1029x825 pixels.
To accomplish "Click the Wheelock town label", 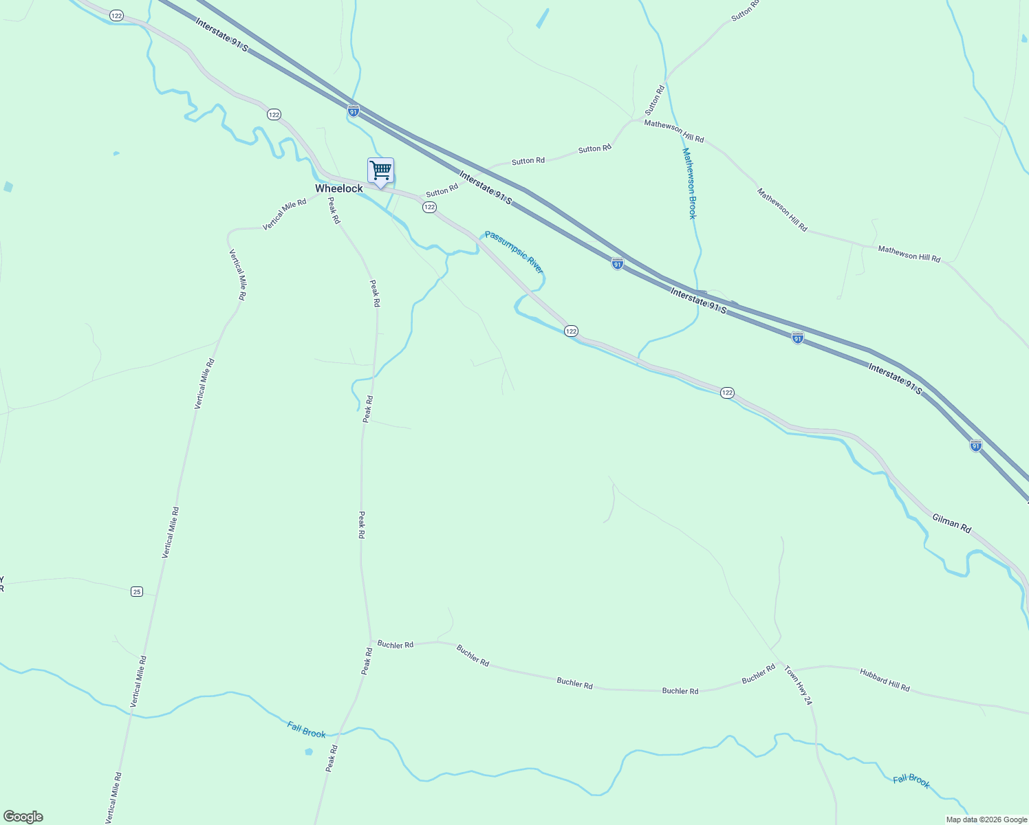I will point(338,188).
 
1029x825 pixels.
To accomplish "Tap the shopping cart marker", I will point(380,170).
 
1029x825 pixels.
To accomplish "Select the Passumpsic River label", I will point(514,252).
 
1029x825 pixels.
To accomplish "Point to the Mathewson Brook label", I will point(689,184).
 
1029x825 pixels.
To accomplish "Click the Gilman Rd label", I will point(951,523).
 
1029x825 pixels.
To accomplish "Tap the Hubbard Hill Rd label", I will point(885,679).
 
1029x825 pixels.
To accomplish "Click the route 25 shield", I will point(137,591).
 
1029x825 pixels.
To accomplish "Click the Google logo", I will point(23,817).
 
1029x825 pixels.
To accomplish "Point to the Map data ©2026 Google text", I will point(986,819).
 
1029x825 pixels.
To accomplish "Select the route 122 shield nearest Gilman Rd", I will point(727,393).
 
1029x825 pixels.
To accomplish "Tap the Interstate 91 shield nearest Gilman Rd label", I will point(975,445).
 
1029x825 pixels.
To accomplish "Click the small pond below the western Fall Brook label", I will point(309,751).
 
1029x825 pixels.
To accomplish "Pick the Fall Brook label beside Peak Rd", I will point(306,729).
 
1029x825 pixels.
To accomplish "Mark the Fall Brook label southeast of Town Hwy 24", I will point(911,780).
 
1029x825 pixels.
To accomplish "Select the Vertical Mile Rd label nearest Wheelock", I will point(285,214).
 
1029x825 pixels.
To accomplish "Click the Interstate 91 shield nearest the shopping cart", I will point(353,111).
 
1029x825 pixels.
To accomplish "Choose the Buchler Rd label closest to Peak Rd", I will point(396,645).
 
